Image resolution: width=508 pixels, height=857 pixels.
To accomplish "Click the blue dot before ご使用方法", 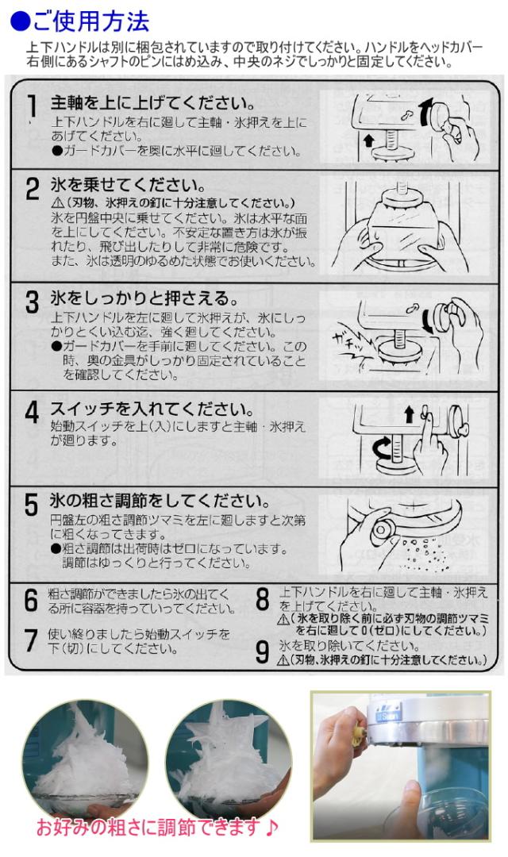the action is (20, 21).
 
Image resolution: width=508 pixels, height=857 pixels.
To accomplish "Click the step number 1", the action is (33, 106).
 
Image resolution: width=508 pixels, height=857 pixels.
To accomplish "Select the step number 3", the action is (33, 302).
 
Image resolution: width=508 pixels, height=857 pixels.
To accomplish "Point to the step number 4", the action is (33, 412).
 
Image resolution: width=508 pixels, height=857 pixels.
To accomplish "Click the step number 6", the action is (31, 600).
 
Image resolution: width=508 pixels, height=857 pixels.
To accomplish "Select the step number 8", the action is (263, 600).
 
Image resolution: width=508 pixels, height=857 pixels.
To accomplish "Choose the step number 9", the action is (263, 651).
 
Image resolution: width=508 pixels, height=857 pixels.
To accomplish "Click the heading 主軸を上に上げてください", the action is (153, 102).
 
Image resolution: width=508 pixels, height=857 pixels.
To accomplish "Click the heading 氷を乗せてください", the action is (128, 184).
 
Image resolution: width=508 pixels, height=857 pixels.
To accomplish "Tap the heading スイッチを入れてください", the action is (152, 409).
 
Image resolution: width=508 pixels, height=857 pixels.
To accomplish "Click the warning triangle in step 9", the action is (283, 660).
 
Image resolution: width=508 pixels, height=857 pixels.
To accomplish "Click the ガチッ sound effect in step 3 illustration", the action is (351, 345).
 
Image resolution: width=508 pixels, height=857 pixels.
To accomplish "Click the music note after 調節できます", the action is (270, 826).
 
